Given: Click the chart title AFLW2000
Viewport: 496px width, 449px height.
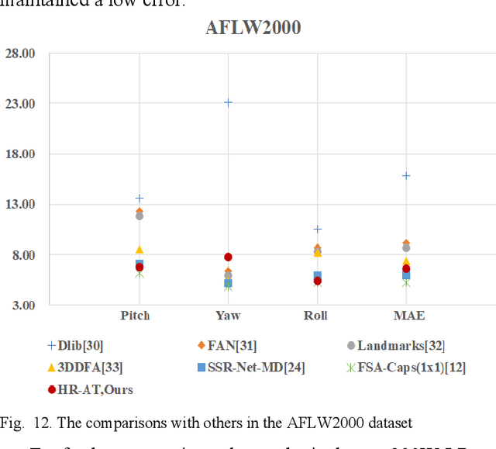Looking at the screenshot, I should pyautogui.click(x=253, y=28).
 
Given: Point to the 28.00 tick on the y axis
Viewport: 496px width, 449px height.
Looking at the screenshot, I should pyautogui.click(x=20, y=54).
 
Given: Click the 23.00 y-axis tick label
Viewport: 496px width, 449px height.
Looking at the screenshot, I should pyautogui.click(x=20, y=104).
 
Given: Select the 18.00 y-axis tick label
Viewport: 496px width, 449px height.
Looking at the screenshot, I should pyautogui.click(x=20, y=154).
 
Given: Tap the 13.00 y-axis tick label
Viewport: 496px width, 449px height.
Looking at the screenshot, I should pyautogui.click(x=20, y=205).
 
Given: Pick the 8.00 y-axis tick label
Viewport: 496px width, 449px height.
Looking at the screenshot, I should pyautogui.click(x=22, y=255).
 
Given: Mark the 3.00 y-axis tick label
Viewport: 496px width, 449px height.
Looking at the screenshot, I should pyautogui.click(x=22, y=306).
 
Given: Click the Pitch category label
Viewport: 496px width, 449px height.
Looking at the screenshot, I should pyautogui.click(x=135, y=316).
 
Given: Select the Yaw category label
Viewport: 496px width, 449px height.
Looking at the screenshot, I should pyautogui.click(x=228, y=316).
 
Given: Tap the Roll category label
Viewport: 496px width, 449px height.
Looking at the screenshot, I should pyautogui.click(x=316, y=316).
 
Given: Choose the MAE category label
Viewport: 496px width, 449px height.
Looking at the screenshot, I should pyautogui.click(x=408, y=316).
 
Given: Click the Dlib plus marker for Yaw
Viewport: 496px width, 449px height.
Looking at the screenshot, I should pyautogui.click(x=228, y=102).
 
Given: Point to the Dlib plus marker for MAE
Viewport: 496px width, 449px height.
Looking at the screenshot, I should pyautogui.click(x=405, y=176).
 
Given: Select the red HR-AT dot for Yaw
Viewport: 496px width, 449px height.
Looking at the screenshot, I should pyautogui.click(x=228, y=257).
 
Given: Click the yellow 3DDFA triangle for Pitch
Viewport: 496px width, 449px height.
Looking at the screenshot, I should pyautogui.click(x=139, y=250).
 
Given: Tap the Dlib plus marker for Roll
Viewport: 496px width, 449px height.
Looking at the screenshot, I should pyautogui.click(x=317, y=230).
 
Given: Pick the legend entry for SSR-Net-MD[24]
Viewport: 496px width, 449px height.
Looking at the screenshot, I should pyautogui.click(x=247, y=368).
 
